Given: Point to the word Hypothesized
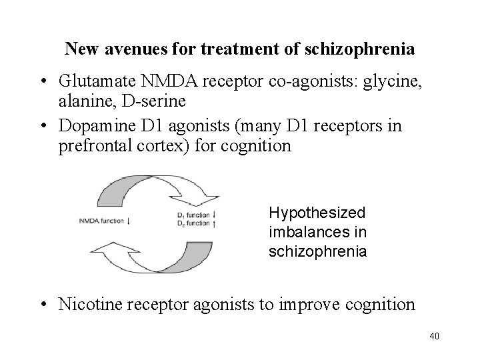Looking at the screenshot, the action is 317,213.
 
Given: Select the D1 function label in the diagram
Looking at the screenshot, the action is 193,215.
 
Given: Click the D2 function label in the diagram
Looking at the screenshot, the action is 193,223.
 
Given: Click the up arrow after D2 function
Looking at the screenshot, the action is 213,223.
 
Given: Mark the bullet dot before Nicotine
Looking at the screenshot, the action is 43,305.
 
